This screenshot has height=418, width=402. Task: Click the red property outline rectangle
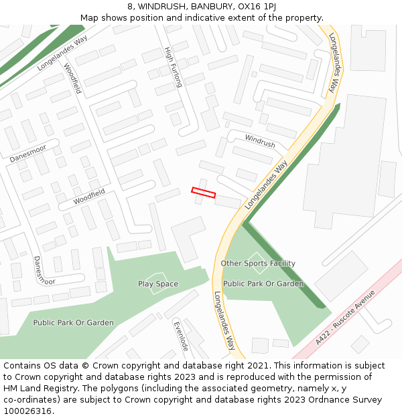[x=204, y=193]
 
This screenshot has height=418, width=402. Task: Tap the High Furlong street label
[x=173, y=68]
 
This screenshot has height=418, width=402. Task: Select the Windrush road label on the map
[x=260, y=141]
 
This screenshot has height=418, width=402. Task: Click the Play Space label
[x=158, y=284]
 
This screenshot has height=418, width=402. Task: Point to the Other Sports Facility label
[x=258, y=264]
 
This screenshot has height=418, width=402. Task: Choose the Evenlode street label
[x=181, y=336]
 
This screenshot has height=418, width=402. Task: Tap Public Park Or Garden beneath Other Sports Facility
[x=263, y=284]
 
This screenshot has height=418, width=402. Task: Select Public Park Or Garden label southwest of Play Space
[x=74, y=323]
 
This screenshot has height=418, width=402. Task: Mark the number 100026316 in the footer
[x=27, y=411]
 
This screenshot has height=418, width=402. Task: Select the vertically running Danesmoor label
[x=42, y=270]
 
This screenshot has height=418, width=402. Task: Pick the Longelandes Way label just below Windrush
[x=267, y=185]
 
